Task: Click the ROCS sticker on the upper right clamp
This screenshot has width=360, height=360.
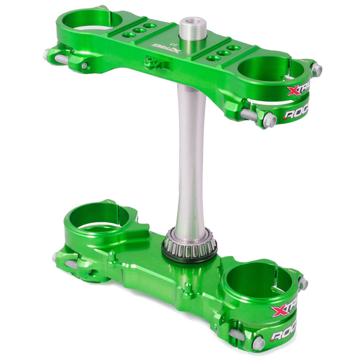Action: (295, 113)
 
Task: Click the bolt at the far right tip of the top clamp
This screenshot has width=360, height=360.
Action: (316, 70)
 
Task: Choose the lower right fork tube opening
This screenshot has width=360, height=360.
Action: (259, 279)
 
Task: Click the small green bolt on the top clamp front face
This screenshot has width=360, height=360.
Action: (150, 62)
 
